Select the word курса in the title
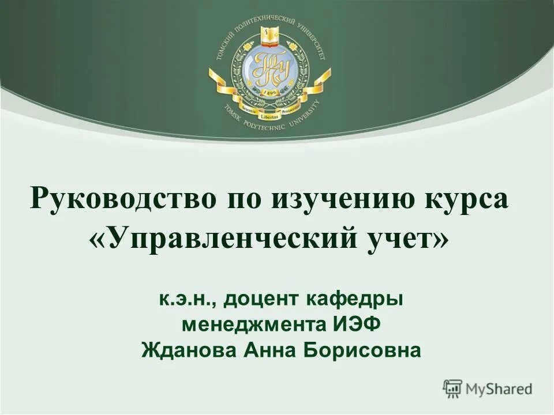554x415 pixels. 467,199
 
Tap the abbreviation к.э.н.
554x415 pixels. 184,299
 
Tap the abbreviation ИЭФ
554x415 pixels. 357,325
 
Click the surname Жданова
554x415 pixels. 188,349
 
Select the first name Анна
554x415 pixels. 269,349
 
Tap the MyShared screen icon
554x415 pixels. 453,388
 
